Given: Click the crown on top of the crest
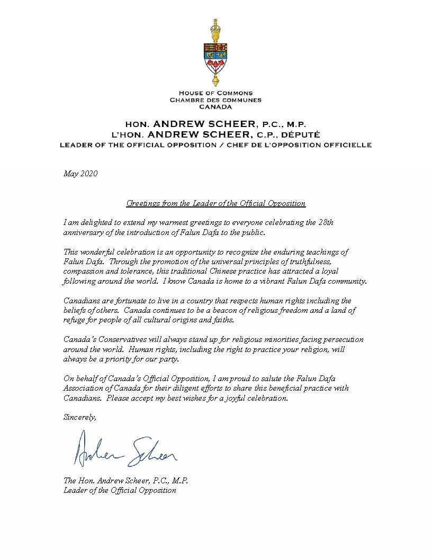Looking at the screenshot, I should pos(215,26).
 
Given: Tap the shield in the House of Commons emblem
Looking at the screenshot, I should pos(215,58).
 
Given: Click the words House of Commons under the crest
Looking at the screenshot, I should pos(215,93).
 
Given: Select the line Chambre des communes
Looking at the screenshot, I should pos(215,100).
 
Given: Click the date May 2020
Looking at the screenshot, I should pos(80,173).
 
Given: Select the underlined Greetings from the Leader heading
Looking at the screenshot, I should pos(215,203).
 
